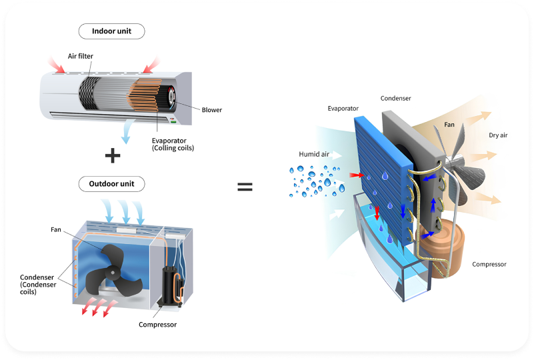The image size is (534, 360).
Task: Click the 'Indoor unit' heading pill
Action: (111, 31)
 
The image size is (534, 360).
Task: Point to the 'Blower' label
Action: (211, 110)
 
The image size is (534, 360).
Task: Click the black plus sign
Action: (113, 155)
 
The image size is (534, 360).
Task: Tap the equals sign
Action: (245, 187)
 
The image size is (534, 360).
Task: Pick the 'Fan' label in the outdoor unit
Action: (56, 230)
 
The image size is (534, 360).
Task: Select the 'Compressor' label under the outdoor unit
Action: (157, 325)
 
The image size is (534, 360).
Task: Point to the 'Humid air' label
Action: (314, 155)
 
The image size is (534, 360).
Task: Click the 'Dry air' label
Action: (499, 135)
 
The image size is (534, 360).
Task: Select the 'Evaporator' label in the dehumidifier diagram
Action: (343, 108)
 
